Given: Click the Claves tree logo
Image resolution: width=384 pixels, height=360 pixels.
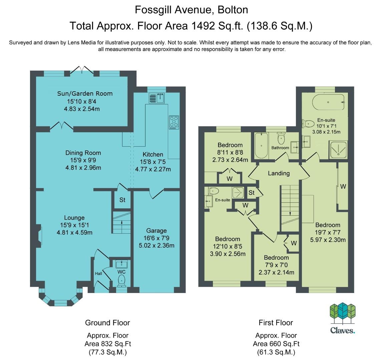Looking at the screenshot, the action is click(342, 314).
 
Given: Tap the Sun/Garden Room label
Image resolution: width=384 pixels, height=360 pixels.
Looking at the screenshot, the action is click(85, 94).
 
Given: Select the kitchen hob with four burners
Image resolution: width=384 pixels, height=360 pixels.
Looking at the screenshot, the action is click(174, 122).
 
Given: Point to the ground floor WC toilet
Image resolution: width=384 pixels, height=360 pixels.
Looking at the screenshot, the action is click(121, 281).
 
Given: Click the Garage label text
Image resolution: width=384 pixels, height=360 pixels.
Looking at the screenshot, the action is click(156, 231).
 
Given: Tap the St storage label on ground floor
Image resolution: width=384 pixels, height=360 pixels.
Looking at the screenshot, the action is click(122, 200).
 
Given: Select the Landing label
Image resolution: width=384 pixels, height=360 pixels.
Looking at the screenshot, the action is click(279, 174).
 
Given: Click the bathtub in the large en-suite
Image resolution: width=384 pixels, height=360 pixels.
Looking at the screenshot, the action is click(329, 102).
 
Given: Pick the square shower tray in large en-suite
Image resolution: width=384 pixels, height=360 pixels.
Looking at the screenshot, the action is click(338, 150).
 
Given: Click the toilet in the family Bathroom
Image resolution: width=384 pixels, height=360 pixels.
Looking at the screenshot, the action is click(281, 138).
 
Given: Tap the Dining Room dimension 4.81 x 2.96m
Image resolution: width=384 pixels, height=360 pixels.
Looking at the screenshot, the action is click(83, 168).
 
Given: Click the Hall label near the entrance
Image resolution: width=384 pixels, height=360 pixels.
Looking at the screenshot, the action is click(98, 274).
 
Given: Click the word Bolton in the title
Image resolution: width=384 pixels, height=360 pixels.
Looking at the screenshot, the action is click(233, 10).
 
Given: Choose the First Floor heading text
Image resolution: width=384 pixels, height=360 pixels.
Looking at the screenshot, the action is click(276, 323).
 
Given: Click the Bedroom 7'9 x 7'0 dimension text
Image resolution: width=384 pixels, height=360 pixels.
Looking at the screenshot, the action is click(276, 265).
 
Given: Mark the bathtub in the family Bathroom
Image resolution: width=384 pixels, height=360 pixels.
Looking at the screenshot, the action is click(261, 146).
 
